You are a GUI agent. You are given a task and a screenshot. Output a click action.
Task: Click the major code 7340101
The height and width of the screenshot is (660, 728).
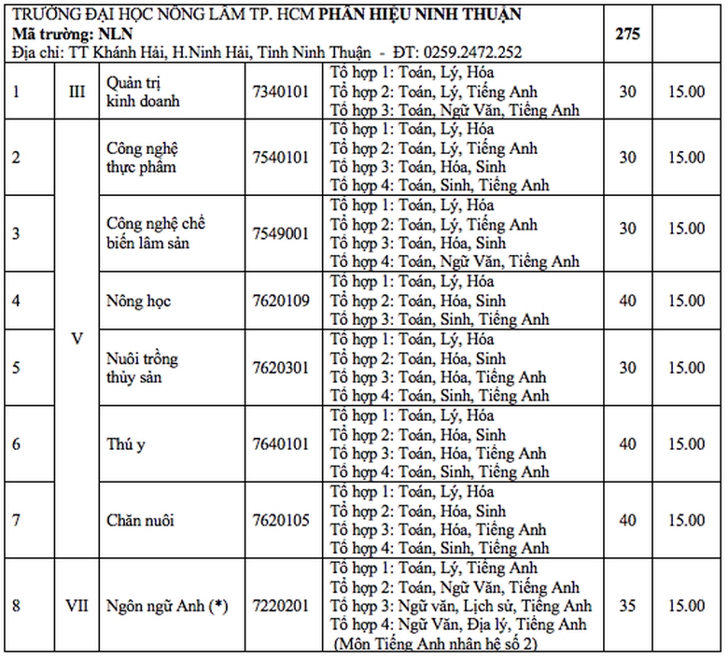pyautogui.click(x=280, y=91)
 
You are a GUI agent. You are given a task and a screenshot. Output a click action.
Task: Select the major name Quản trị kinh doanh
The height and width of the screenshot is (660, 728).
pyautogui.click(x=143, y=91)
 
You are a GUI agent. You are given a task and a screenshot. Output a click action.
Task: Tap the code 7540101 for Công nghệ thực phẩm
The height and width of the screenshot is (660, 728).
pyautogui.click(x=280, y=157)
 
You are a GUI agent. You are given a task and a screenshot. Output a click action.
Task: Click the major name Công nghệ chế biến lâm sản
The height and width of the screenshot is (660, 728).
pyautogui.click(x=155, y=233)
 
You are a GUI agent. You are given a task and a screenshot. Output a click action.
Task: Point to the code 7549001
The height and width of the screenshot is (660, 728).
pyautogui.click(x=280, y=233)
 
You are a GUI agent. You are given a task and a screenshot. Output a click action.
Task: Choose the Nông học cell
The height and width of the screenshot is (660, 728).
pyautogui.click(x=139, y=301)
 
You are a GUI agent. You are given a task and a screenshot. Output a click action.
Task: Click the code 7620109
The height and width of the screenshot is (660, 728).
pyautogui.click(x=280, y=301)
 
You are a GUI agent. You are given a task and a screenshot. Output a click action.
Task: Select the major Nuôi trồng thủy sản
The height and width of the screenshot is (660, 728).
pyautogui.click(x=143, y=367)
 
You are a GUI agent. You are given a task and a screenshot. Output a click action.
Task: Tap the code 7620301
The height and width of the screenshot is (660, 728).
pyautogui.click(x=280, y=367)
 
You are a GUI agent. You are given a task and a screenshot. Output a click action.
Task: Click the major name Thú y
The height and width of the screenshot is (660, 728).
pyautogui.click(x=127, y=444)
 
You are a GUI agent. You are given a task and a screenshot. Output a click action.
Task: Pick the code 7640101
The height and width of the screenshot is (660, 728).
pyautogui.click(x=280, y=444)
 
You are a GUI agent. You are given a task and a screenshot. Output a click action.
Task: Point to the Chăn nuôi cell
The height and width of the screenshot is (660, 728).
pyautogui.click(x=141, y=520)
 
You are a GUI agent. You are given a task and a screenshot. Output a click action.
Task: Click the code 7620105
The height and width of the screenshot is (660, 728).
pyautogui.click(x=280, y=520)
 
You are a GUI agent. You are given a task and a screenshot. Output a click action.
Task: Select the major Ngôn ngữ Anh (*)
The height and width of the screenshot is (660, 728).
pyautogui.click(x=167, y=606)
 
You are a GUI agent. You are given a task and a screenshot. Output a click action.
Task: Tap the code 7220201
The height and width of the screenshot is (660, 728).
pyautogui.click(x=280, y=606)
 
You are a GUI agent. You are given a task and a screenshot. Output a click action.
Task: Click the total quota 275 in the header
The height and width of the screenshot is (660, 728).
pyautogui.click(x=626, y=32)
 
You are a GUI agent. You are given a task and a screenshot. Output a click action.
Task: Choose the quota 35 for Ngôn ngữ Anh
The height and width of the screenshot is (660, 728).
pyautogui.click(x=627, y=606)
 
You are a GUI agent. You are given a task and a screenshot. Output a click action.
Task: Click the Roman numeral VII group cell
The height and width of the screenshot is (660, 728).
pyautogui.click(x=77, y=606)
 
